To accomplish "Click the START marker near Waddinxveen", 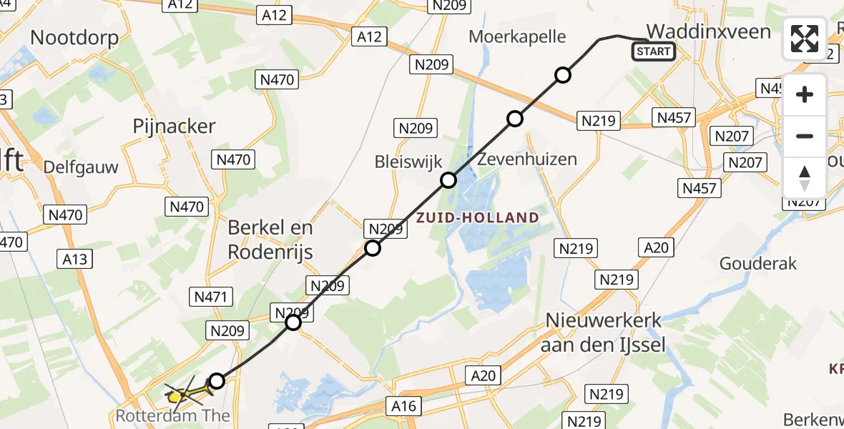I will click(x=653, y=51).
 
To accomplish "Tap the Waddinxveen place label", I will click(x=709, y=31).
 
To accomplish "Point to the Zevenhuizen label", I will click(x=528, y=159).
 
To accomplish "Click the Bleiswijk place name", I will click(x=408, y=162).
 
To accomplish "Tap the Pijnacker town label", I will click(x=174, y=127).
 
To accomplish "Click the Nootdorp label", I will click(x=74, y=37).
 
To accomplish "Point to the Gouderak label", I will click(x=758, y=263).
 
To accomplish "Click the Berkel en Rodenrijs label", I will click(x=270, y=239).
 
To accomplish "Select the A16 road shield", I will click(x=403, y=406).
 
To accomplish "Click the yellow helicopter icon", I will click(x=180, y=393).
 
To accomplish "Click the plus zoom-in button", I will click(x=805, y=94).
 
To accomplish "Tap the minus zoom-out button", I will click(x=805, y=136).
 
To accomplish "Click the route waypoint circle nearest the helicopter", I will click(x=216, y=381).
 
